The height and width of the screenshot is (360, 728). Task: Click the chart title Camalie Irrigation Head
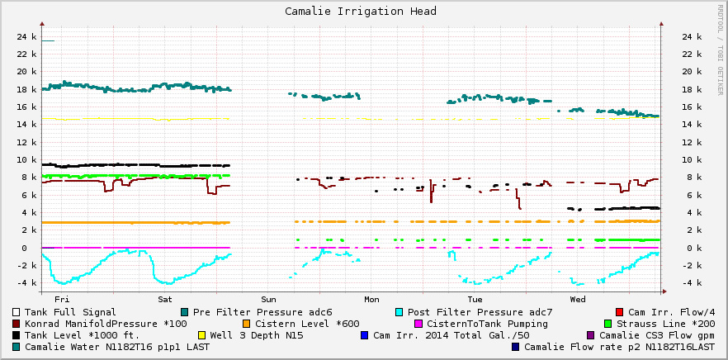361,12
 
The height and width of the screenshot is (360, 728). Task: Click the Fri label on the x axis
60,298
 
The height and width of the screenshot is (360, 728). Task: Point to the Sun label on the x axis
268,298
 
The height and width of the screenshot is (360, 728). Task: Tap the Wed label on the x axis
578,298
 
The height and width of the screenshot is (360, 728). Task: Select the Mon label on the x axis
371,298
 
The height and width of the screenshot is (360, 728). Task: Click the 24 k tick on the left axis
26,37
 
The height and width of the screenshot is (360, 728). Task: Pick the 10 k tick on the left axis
26,160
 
